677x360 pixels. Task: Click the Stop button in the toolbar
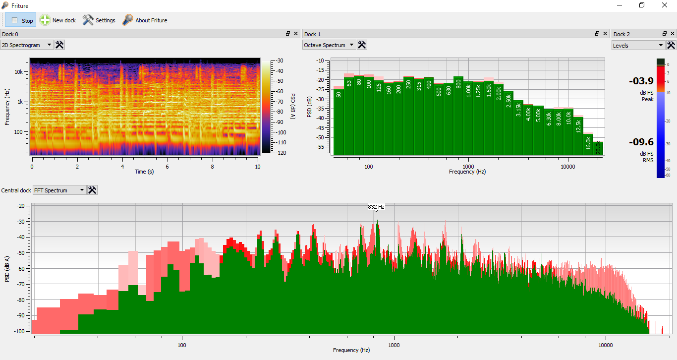coord(21,20)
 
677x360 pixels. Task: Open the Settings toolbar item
coord(99,20)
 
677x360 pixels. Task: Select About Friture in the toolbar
coord(145,20)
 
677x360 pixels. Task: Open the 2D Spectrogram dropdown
coord(27,45)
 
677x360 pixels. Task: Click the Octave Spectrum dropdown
coord(329,45)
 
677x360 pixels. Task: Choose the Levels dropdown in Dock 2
coord(638,45)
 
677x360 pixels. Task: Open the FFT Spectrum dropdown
coord(59,190)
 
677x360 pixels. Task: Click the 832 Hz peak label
coord(376,207)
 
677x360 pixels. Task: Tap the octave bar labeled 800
coord(458,116)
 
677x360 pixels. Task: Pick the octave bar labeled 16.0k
coord(588,144)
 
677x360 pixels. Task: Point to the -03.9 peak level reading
coord(641,81)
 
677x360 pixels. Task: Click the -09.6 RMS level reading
coord(641,142)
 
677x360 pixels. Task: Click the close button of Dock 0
coord(296,34)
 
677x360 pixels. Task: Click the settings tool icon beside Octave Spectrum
coord(362,45)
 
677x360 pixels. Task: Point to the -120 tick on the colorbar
coord(280,153)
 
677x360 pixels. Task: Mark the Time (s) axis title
coord(145,172)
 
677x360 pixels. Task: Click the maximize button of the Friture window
coord(642,5)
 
